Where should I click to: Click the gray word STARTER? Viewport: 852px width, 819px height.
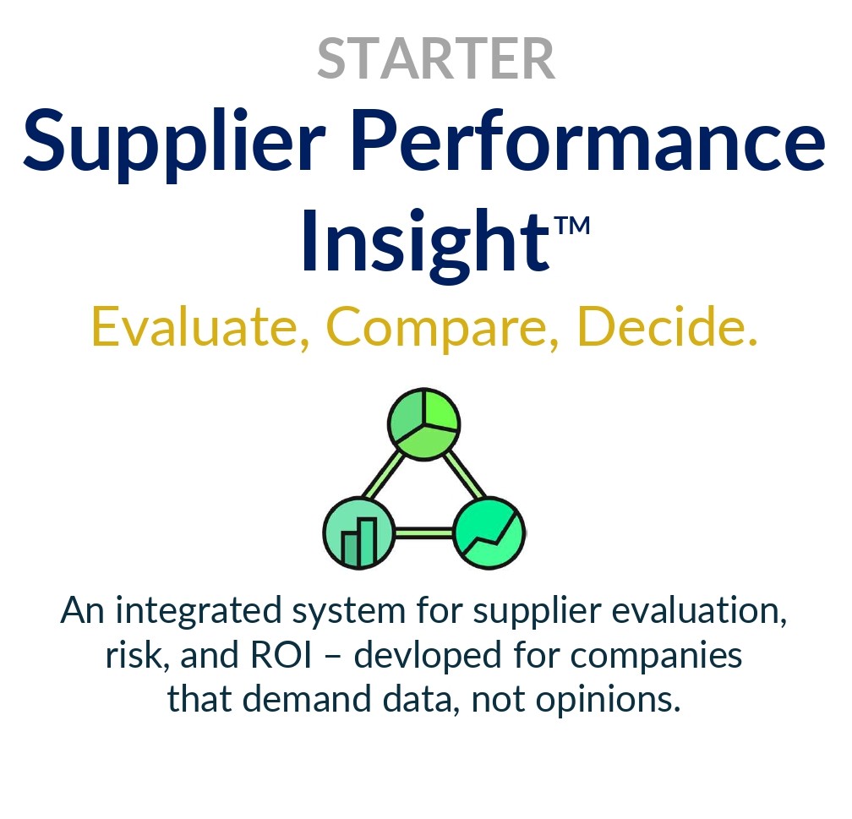436,58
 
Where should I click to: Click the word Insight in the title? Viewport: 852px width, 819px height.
420,240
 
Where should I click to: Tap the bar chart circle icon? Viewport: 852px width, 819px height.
358,532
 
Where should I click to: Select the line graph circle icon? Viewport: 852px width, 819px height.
489,533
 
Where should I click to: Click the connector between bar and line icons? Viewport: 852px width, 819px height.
423,533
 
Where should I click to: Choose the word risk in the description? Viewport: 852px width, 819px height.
137,656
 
